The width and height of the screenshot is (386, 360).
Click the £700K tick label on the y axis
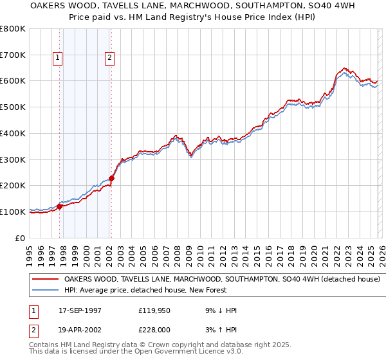point(13,55)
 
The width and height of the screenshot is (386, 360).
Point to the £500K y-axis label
point(13,107)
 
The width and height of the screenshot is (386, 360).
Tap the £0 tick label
point(20,238)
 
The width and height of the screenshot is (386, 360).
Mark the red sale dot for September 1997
point(60,206)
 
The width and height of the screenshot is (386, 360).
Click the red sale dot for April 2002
point(111,178)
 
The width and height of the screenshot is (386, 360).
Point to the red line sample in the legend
point(46,280)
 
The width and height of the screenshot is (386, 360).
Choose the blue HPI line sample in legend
point(46,291)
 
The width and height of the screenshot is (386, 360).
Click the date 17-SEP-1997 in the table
point(80,310)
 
